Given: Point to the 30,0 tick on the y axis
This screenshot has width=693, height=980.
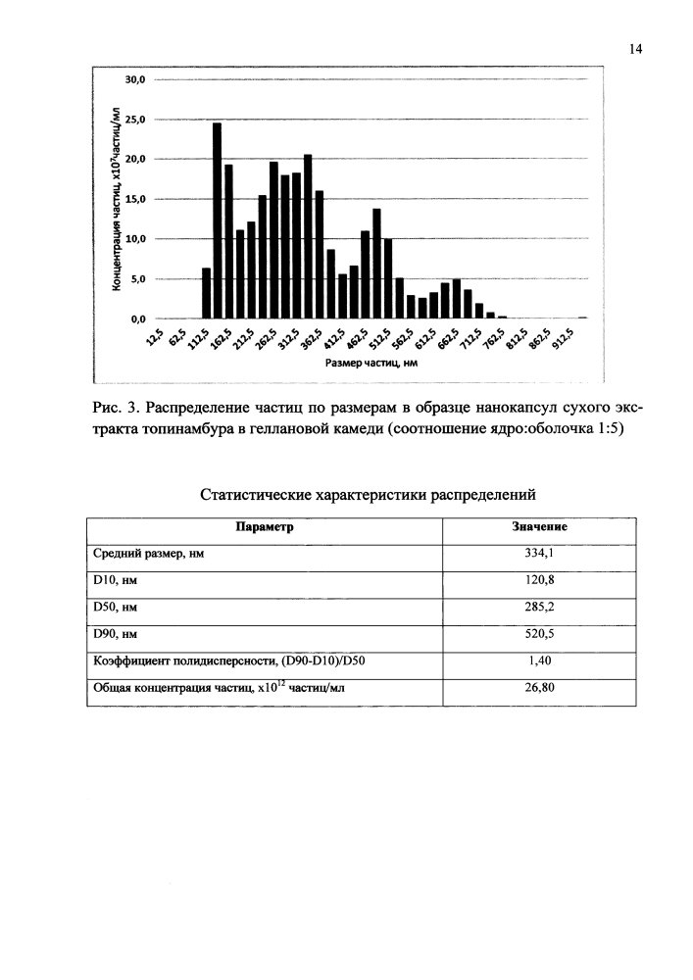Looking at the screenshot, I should (x=134, y=79).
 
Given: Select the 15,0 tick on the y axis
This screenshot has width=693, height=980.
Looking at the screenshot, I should (x=134, y=199).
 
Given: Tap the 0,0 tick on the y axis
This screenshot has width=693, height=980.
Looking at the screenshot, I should (x=134, y=319).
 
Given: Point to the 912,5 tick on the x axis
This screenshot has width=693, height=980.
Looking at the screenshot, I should (x=567, y=344).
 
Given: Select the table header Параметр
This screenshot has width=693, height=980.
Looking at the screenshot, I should (x=265, y=526).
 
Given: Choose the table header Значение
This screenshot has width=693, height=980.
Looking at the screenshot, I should (x=540, y=526).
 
